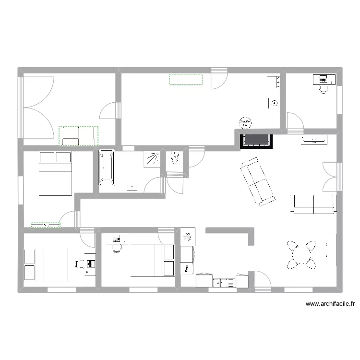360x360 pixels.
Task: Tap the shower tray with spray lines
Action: point(153,159)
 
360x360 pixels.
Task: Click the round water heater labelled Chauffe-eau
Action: point(246,123)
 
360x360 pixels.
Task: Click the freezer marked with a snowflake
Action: point(187,237)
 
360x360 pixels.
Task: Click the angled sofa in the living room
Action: point(257,182)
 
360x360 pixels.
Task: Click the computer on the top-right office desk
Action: point(321,79)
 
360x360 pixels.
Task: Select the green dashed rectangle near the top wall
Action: point(186,79)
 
